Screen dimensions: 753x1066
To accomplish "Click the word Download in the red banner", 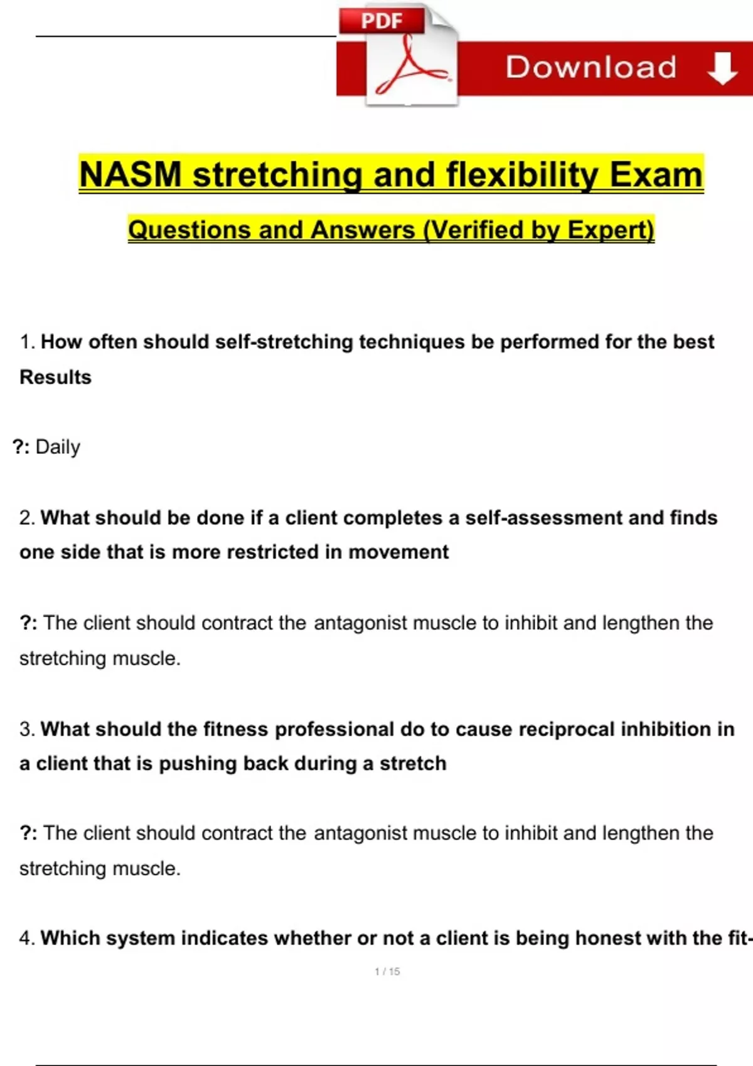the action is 590,67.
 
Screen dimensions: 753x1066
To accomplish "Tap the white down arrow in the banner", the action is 722,68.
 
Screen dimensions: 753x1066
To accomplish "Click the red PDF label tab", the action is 382,21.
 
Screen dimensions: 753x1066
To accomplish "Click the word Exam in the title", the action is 656,174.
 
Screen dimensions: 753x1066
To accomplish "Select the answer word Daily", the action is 58,447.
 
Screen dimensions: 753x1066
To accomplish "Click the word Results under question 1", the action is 55,377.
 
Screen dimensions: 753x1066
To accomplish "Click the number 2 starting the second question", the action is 24,518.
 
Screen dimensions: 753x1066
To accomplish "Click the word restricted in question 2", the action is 273,552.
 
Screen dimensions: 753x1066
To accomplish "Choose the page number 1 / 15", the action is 387,972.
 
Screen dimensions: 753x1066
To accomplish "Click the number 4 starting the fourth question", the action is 24,939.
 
